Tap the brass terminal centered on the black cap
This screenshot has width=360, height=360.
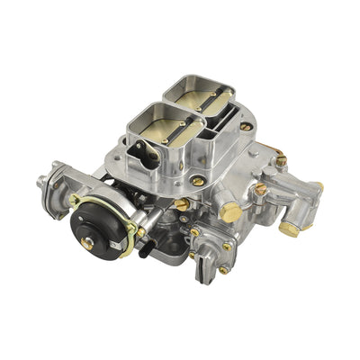(87, 241)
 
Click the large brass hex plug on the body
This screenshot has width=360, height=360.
(231, 212)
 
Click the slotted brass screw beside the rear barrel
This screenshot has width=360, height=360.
(246, 127)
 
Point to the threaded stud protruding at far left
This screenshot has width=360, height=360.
(41, 183)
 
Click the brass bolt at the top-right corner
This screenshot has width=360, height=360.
(281, 160)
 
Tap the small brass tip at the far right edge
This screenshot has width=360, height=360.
(319, 186)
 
